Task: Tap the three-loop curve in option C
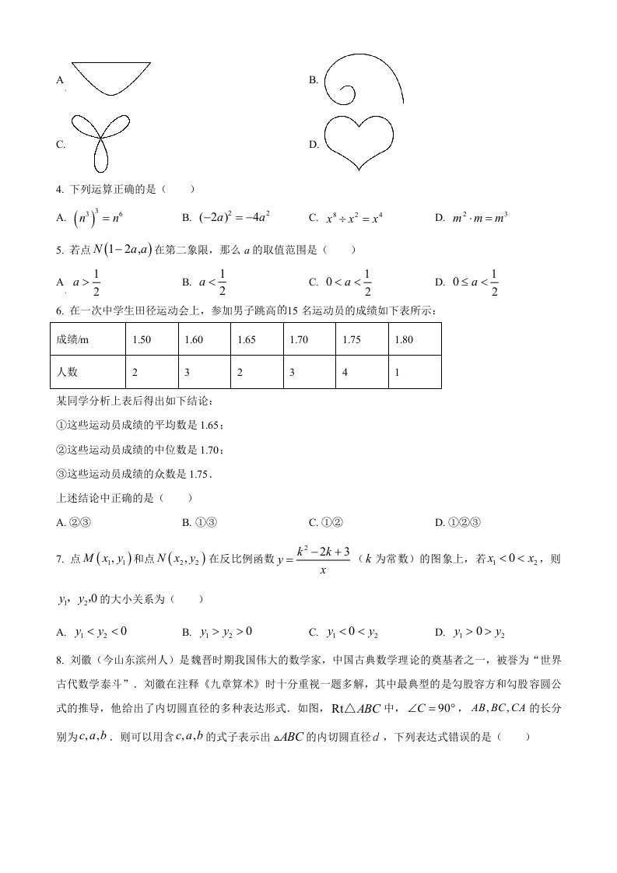coord(100,140)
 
